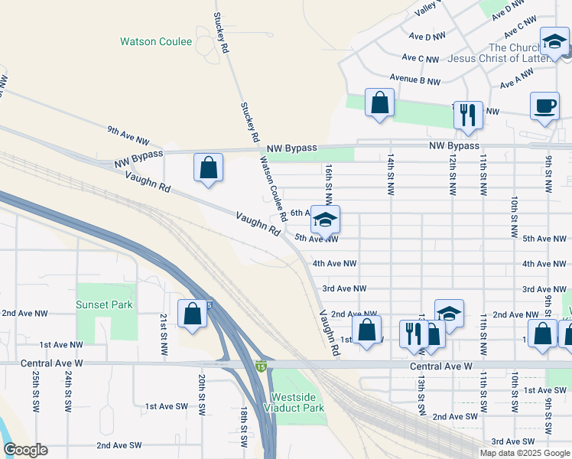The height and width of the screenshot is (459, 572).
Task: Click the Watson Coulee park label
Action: coord(156,41)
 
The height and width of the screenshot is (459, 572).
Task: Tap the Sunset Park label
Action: coord(104,304)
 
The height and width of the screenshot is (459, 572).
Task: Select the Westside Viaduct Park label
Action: coord(297,402)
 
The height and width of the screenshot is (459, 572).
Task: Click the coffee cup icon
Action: coord(544,106)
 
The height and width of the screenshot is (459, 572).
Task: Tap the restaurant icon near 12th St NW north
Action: coord(468,116)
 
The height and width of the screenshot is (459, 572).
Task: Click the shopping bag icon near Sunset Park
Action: coord(192,313)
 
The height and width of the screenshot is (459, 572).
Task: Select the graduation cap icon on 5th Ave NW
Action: coord(325,220)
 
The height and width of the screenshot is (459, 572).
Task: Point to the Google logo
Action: coord(25,450)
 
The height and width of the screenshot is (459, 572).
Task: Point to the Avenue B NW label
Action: coord(414,79)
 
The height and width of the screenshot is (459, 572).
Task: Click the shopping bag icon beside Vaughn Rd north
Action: coord(208,168)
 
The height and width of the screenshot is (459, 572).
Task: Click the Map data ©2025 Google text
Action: coord(524,453)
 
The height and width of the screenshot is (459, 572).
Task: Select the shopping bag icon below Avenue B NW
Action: coord(379,103)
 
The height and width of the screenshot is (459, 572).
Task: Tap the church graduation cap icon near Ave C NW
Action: coord(554,42)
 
